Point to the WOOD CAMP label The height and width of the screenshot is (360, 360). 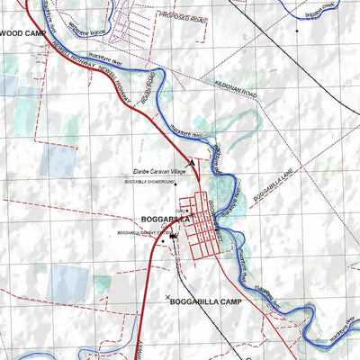(x=22, y=31)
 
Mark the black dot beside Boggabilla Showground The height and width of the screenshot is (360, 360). (x=125, y=184)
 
